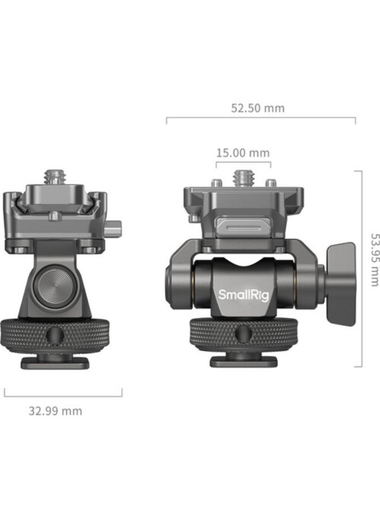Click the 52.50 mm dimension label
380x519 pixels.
pyautogui.click(x=257, y=108)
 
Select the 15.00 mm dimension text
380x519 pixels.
pyautogui.click(x=242, y=153)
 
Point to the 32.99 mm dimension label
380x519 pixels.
pyautogui.click(x=55, y=411)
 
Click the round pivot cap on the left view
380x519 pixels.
pyautogui.click(x=48, y=286)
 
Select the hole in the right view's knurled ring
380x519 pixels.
pyautogui.click(x=243, y=334)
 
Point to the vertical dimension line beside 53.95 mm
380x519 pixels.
pyautogui.click(x=362, y=268)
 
